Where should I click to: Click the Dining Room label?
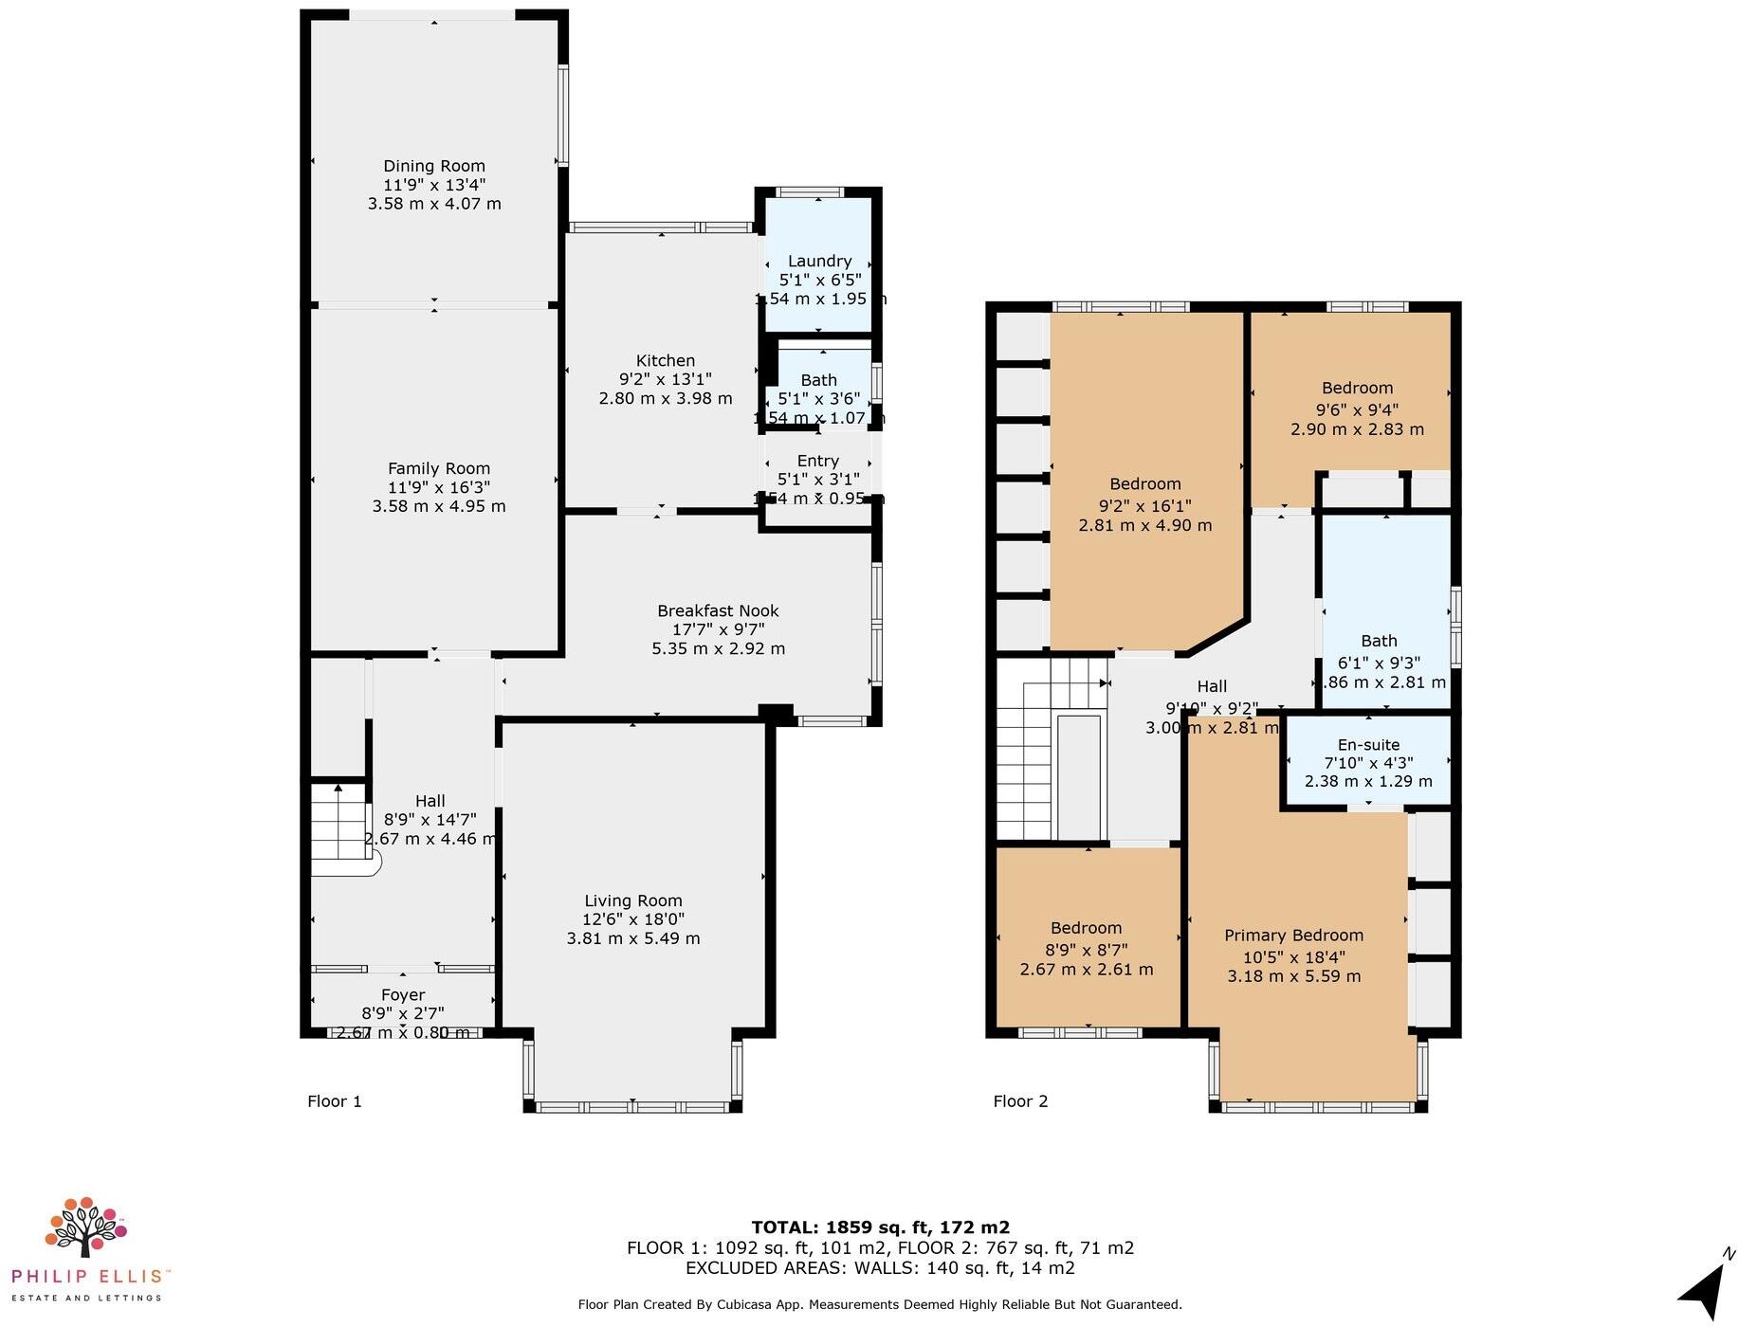434,166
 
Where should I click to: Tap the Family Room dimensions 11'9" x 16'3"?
439,487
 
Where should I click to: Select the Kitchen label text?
665,360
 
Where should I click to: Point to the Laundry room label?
819,261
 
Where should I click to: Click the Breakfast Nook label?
718,610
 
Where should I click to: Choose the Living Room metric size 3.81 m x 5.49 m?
632,938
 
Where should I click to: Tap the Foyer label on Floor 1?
402,994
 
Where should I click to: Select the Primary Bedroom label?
1293,935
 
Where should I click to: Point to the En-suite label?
1368,744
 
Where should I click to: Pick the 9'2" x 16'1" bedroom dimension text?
1144,505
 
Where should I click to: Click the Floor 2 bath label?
1379,641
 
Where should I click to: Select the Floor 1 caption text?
334,1100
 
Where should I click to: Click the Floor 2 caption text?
1020,1100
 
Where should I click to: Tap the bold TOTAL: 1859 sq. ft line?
880,1227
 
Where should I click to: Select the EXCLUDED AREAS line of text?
880,1268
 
